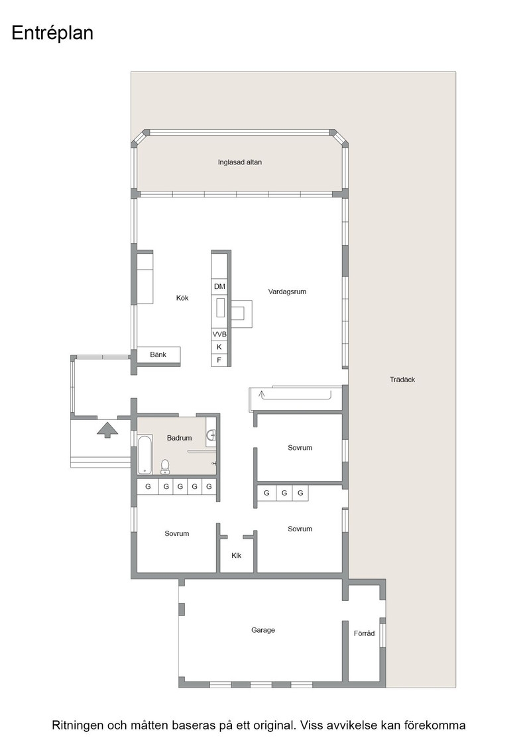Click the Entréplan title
pyautogui.click(x=52, y=34)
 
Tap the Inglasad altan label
pyautogui.click(x=239, y=162)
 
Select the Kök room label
pyautogui.click(x=182, y=297)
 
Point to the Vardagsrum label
pyautogui.click(x=287, y=291)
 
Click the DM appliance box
pyautogui.click(x=219, y=286)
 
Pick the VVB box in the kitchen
pyautogui.click(x=219, y=334)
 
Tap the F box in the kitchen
pyautogui.click(x=219, y=360)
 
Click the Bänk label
pyautogui.click(x=158, y=354)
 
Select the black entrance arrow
pyautogui.click(x=107, y=430)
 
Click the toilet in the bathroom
pyautogui.click(x=165, y=466)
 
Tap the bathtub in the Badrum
pyautogui.click(x=145, y=454)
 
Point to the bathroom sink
pyautogui.click(x=211, y=435)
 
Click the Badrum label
pyautogui.click(x=180, y=438)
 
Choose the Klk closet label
pyautogui.click(x=236, y=555)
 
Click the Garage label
pyautogui.click(x=262, y=630)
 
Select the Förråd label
pyautogui.click(x=364, y=633)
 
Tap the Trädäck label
pyautogui.click(x=402, y=380)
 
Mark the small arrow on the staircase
pyautogui.click(x=262, y=394)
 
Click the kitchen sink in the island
pyautogui.click(x=221, y=307)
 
